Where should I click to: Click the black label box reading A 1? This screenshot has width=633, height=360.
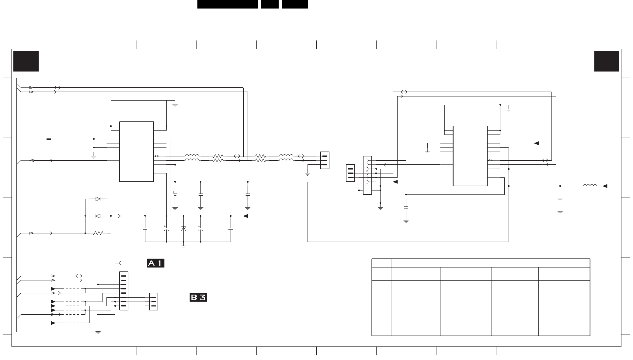[x=155, y=263]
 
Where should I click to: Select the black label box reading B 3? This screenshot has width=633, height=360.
[x=198, y=297]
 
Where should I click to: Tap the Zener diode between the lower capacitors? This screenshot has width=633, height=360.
[x=183, y=229]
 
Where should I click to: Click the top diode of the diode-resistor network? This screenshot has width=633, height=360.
[x=98, y=199]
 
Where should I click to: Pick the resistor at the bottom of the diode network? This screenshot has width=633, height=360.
[x=98, y=233]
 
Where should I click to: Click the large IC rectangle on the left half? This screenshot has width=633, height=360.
[x=137, y=152]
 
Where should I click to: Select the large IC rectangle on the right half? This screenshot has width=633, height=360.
[x=470, y=156]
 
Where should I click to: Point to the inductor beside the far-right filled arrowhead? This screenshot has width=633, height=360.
[x=590, y=185]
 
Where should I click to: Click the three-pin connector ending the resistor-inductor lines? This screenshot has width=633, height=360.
[x=325, y=160]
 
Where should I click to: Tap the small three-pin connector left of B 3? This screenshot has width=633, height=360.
[x=154, y=302]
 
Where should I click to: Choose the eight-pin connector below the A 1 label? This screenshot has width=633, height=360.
[x=124, y=291]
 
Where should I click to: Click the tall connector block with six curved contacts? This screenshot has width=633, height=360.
[x=367, y=175]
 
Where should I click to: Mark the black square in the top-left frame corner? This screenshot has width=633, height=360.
[x=26, y=61]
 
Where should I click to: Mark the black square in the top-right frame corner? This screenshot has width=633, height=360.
[x=607, y=61]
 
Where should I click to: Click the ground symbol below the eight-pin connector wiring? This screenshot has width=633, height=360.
[x=98, y=332]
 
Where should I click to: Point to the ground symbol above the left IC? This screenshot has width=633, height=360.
[x=175, y=105]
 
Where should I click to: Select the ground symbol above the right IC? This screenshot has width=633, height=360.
[x=509, y=110]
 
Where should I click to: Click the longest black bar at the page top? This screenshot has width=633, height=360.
[x=228, y=4]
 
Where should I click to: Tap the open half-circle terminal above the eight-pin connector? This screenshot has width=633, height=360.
[x=120, y=263]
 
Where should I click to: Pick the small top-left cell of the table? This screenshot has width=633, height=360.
[x=381, y=263]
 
